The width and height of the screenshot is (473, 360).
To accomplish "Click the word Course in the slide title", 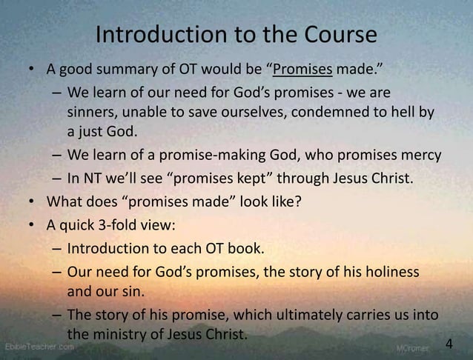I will click(337, 35).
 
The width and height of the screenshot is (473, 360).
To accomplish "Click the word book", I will click(248, 248).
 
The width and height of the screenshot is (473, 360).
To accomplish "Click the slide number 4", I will click(449, 344).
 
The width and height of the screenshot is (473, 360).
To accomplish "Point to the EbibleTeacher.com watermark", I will click(39, 347).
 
